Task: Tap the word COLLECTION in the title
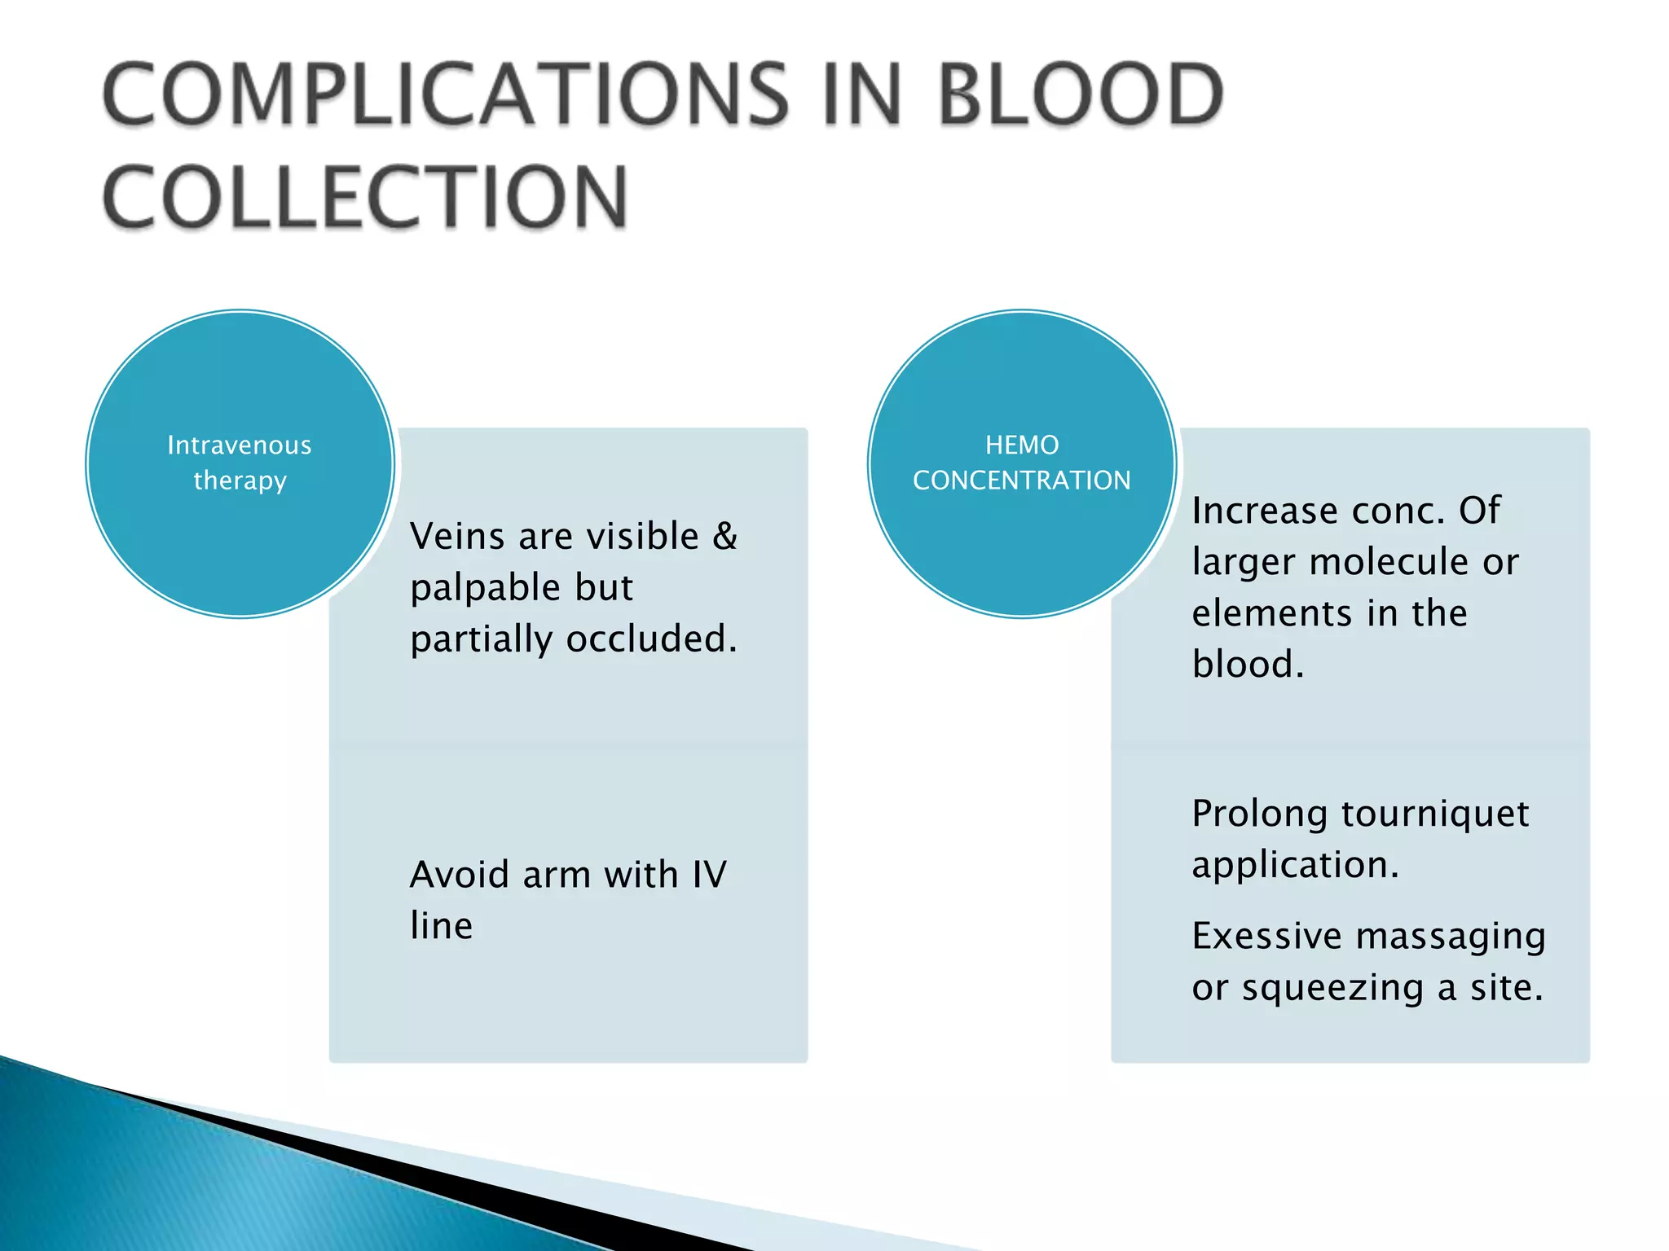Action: tap(365, 197)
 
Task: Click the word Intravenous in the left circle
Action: tap(240, 446)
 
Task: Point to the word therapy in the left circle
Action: tap(240, 481)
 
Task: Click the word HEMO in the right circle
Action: tap(1022, 446)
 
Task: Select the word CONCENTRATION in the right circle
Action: tap(1022, 481)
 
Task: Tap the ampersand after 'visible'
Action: tap(724, 537)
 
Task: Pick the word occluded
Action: tap(651, 639)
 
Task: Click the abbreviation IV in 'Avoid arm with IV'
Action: tap(709, 875)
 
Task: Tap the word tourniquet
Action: tap(1435, 814)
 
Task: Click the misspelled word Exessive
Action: tap(1266, 937)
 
